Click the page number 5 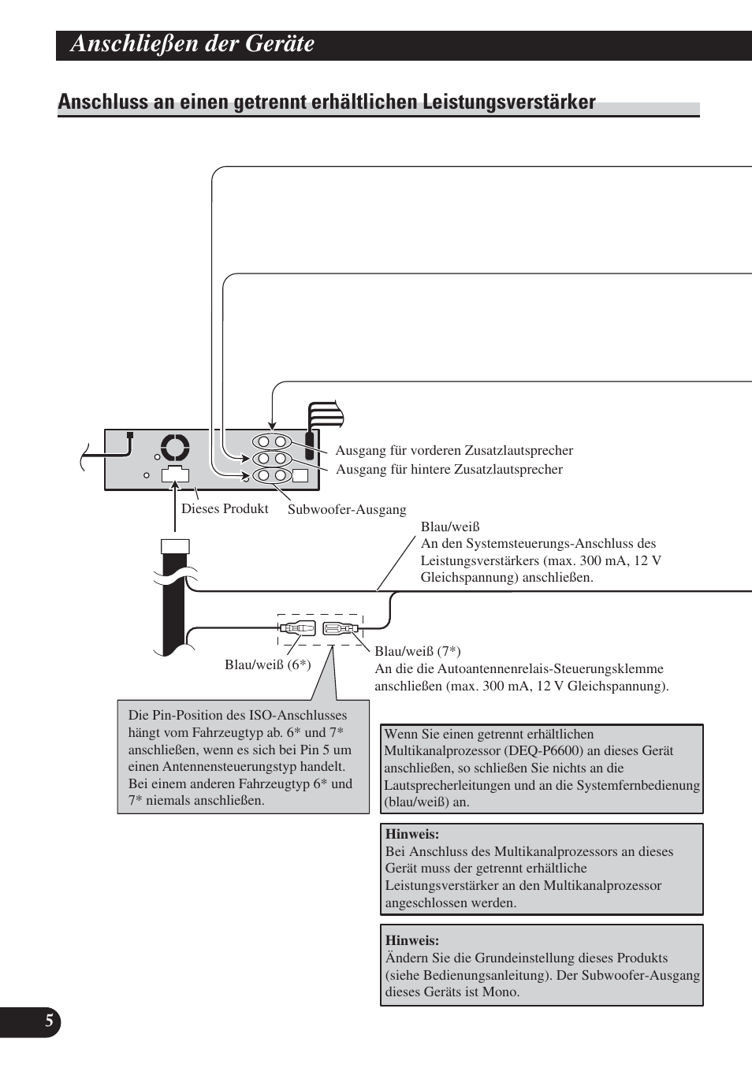point(49,1021)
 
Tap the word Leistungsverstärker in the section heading point(508,102)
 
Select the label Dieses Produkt point(225,509)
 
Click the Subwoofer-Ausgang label point(347,510)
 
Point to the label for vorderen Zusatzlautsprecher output point(454,451)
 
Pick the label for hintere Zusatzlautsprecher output point(449,470)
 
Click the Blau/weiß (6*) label point(267,665)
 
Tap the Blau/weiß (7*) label point(418,651)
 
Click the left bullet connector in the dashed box point(297,629)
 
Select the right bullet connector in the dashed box point(340,629)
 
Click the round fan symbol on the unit point(175,448)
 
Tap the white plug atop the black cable point(175,546)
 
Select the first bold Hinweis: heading point(412,834)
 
